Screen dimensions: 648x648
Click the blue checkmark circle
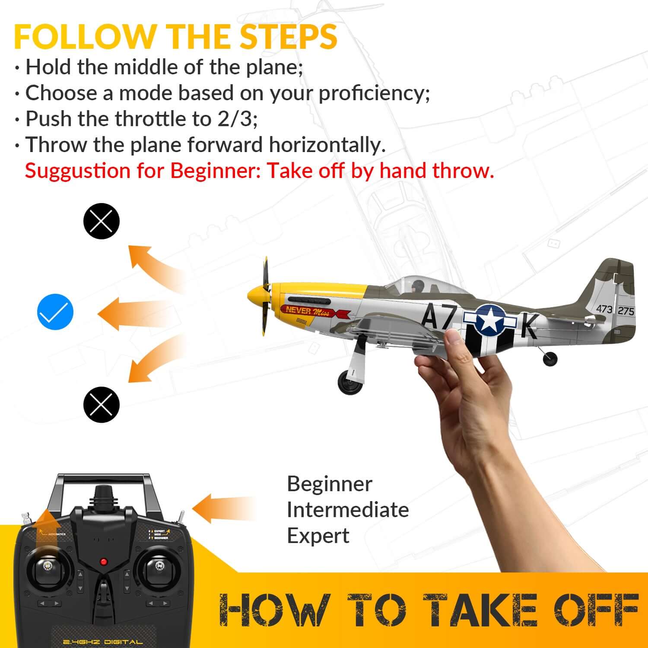coord(55,312)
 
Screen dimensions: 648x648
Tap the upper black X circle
coord(101,221)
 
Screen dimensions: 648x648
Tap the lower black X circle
coord(101,404)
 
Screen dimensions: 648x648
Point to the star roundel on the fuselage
coord(490,320)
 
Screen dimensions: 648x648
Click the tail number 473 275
coord(615,310)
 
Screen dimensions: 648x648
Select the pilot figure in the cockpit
coord(418,286)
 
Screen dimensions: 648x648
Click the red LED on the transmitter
coord(104,562)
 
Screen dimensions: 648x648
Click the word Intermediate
coord(347,510)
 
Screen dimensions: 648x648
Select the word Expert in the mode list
coord(318,536)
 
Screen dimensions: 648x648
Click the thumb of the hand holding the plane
coord(454,341)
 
